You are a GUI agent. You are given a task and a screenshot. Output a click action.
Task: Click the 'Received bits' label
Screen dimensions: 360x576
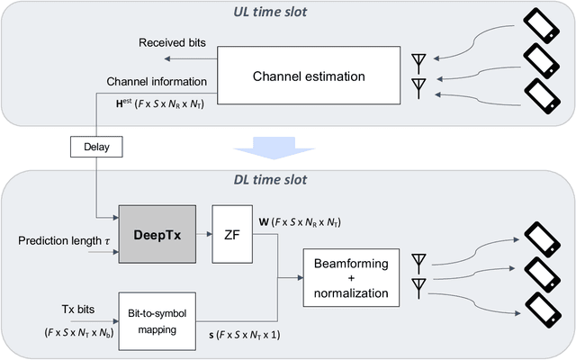pyautogui.click(x=173, y=43)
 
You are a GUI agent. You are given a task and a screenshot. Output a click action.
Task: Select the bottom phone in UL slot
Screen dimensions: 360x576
pyautogui.click(x=541, y=94)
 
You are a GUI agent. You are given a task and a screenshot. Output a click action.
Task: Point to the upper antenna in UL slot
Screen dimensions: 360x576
pyautogui.click(x=418, y=62)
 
